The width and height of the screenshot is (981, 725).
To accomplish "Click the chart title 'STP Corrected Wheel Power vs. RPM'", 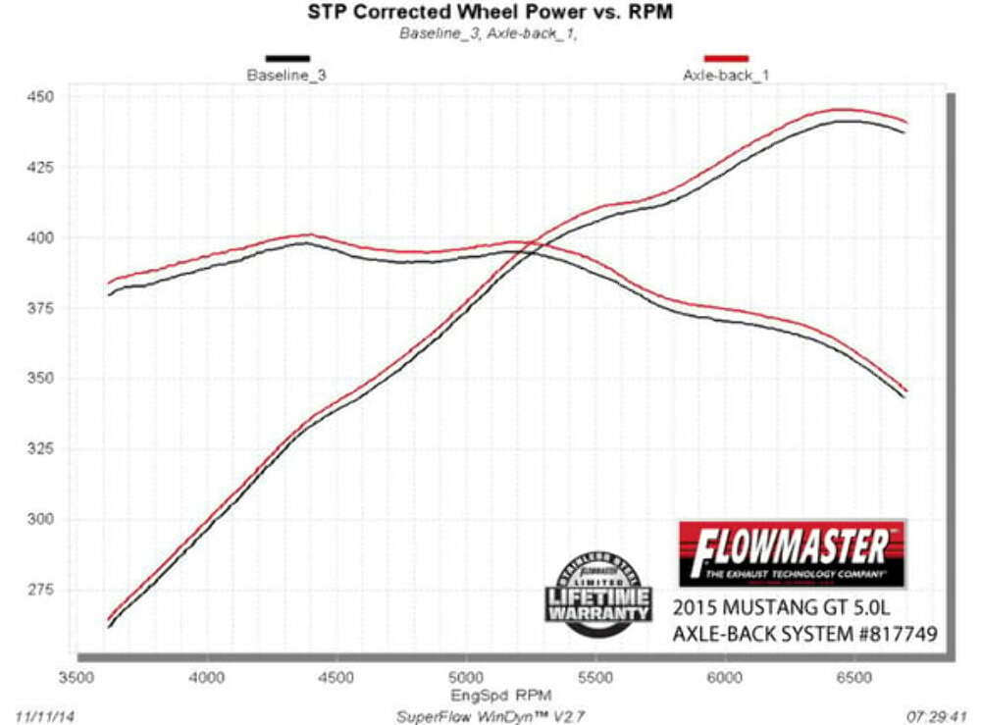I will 490,13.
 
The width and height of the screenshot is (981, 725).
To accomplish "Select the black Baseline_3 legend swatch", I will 286,59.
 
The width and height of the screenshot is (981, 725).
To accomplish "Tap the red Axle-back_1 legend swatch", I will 726,59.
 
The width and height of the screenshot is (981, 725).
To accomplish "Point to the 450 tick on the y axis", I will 48,97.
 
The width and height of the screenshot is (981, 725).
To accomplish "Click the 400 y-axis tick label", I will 48,237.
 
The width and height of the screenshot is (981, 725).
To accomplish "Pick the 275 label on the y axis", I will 48,590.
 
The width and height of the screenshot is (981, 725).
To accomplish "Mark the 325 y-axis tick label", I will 48,449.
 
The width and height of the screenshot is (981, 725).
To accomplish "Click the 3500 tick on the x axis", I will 77,677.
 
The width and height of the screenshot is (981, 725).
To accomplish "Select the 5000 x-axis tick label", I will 466,677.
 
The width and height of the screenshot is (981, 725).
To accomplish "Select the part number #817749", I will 889,635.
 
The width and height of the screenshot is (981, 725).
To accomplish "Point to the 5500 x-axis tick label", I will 595,677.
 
